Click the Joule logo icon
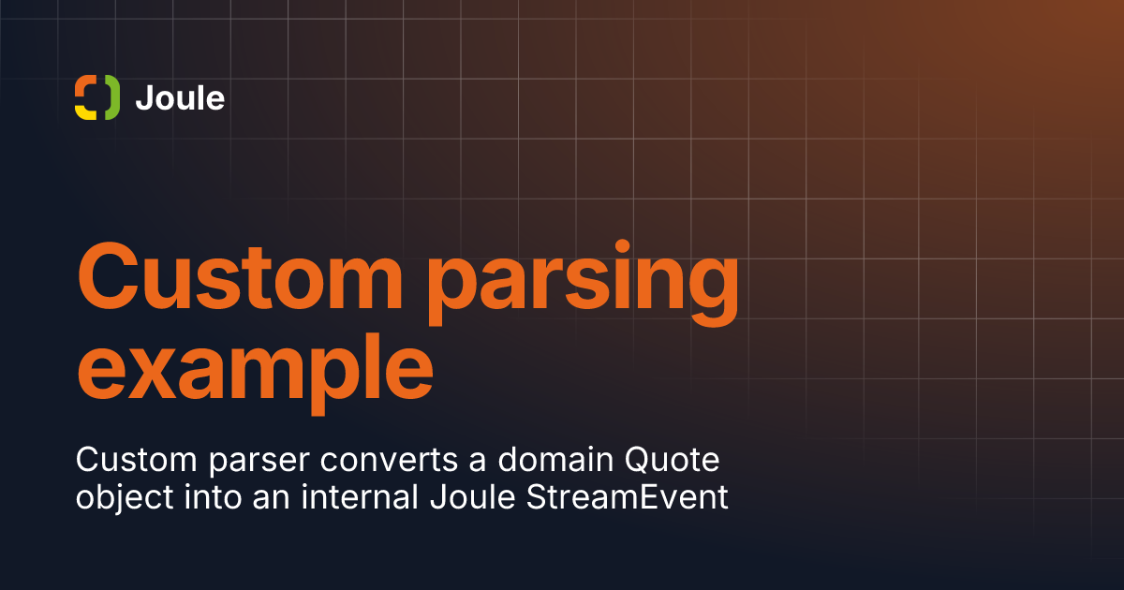tap(97, 97)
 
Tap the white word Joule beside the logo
tap(180, 97)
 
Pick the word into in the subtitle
tap(213, 496)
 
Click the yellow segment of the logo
tap(85, 111)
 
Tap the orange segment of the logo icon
tap(84, 83)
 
